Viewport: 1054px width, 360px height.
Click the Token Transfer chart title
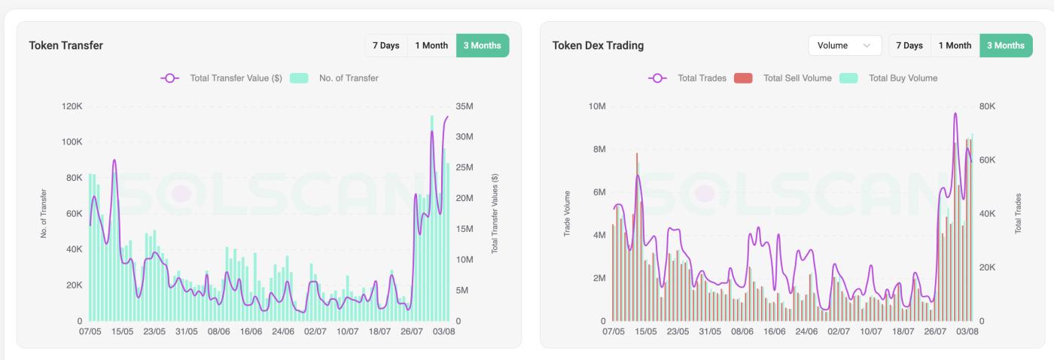click(x=65, y=45)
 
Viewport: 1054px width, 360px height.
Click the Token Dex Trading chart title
click(x=598, y=45)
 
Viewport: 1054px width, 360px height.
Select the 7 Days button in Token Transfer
click(x=385, y=45)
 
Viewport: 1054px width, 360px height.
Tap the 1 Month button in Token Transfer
click(x=431, y=45)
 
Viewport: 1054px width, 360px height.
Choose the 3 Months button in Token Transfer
click(x=482, y=45)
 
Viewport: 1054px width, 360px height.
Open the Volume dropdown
click(x=844, y=45)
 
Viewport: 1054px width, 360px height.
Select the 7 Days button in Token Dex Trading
click(x=909, y=45)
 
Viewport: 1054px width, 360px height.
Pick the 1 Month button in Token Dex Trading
click(x=955, y=45)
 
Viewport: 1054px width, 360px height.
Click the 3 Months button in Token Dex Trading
click(x=1006, y=45)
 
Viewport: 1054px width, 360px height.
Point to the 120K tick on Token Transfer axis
click(x=72, y=106)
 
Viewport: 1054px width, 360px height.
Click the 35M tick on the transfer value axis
click(x=465, y=106)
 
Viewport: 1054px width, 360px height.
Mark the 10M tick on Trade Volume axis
click(x=596, y=106)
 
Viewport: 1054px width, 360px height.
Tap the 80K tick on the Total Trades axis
click(x=986, y=106)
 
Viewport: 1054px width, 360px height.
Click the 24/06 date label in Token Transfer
click(x=283, y=331)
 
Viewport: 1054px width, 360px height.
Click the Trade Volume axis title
click(x=567, y=214)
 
